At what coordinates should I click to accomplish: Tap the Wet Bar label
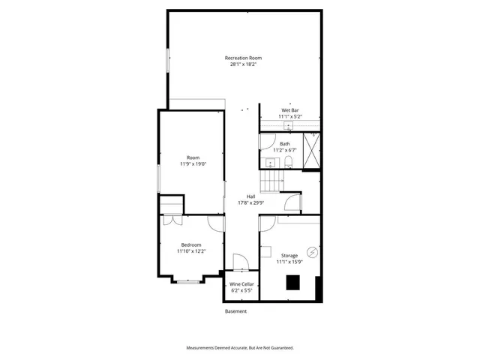click(x=289, y=110)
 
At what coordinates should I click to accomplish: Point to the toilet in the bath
click(x=287, y=163)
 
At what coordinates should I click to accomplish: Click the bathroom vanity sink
click(x=269, y=163)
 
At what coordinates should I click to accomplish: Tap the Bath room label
click(x=285, y=143)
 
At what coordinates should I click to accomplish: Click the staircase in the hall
click(x=271, y=181)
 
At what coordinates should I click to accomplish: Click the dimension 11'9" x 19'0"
click(x=193, y=163)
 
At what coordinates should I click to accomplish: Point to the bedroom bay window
click(x=188, y=281)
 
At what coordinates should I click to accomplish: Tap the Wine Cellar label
click(x=241, y=284)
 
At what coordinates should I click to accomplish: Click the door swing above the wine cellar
click(x=240, y=262)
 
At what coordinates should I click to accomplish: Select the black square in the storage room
click(x=292, y=283)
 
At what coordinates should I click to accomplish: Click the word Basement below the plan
click(x=235, y=311)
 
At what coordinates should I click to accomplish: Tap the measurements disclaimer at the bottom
click(x=240, y=348)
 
